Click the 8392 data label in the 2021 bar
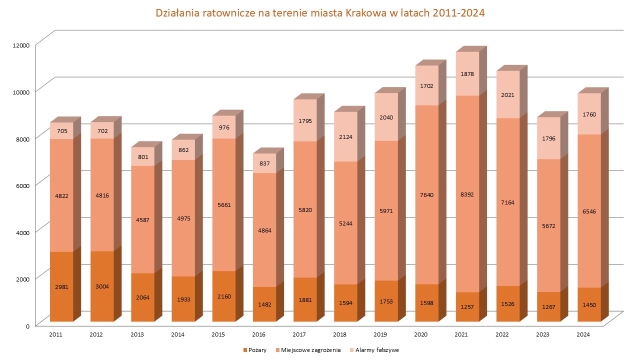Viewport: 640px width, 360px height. (467, 195)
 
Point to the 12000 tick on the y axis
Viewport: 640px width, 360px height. (21, 45)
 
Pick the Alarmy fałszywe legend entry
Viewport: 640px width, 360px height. (375, 350)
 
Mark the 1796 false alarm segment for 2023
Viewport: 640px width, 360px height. (548, 138)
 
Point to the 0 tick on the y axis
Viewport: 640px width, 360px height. (28, 325)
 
